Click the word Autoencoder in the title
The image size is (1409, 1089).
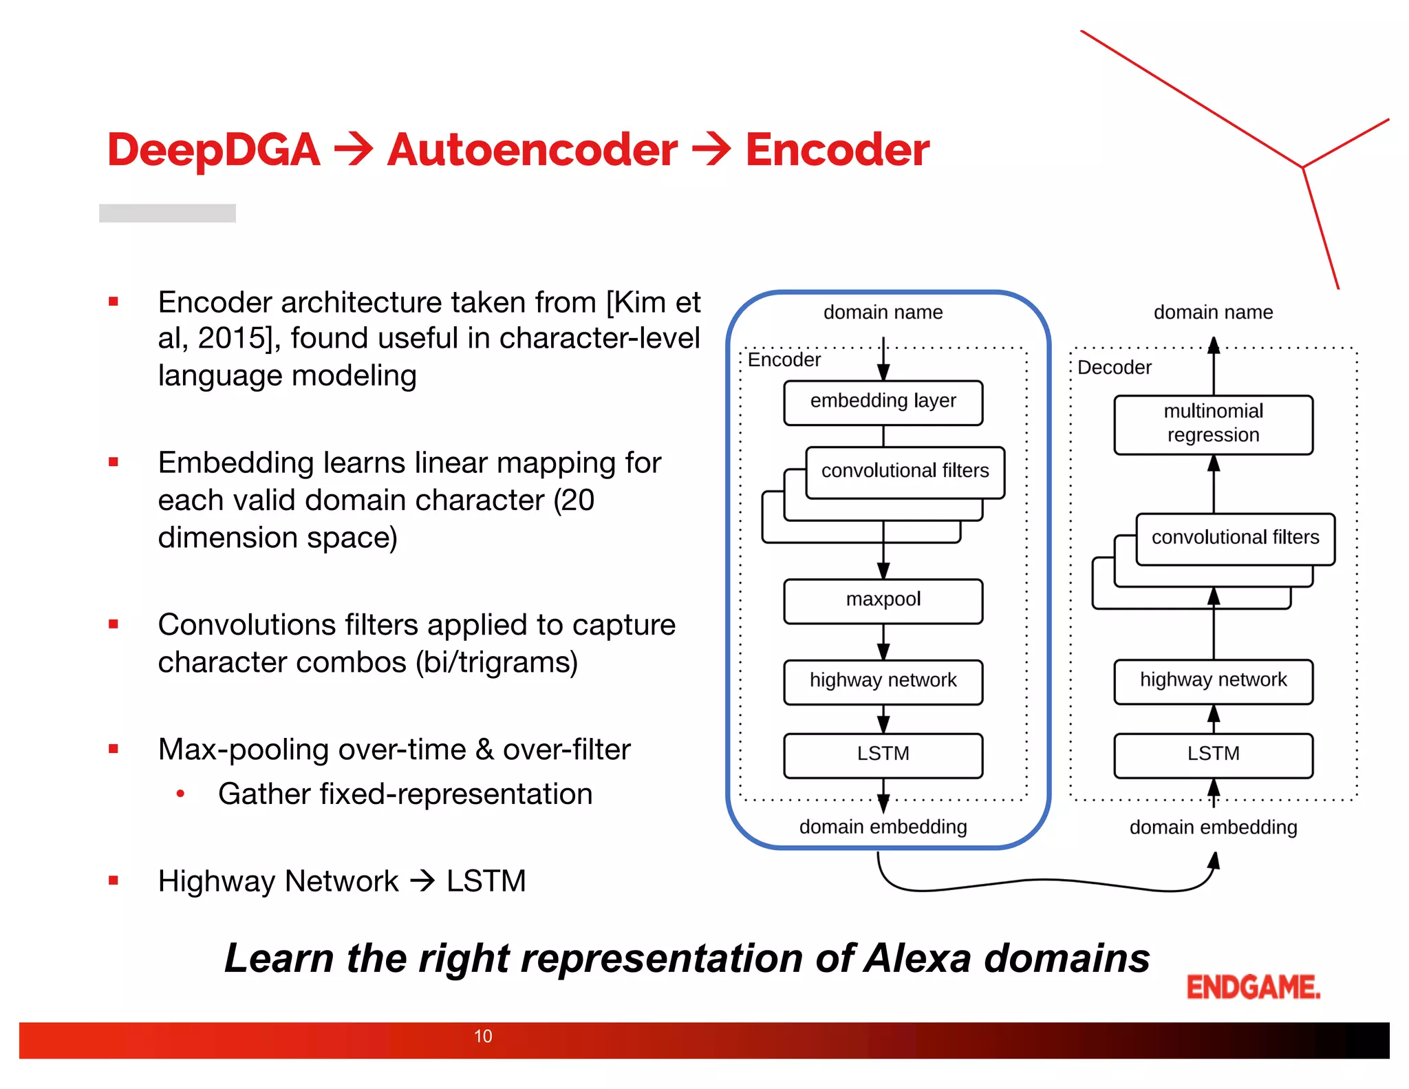532,150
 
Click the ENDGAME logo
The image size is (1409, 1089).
1253,987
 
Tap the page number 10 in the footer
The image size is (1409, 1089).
483,1036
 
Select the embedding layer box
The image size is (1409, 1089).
883,402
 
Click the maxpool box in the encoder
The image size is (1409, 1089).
883,600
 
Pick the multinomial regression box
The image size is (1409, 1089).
1213,424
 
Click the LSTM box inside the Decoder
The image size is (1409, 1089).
1213,754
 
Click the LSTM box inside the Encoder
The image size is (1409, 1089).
883,754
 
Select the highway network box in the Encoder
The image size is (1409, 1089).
883,681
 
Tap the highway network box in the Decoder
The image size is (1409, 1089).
1213,681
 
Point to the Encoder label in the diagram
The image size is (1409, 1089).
784,360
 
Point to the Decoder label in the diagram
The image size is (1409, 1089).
1114,368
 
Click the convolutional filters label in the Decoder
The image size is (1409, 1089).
1235,538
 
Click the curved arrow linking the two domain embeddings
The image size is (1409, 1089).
1046,881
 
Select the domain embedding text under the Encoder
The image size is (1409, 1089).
883,827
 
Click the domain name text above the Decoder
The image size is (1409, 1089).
1213,313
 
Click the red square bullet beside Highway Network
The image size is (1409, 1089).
114,880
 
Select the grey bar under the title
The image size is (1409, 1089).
167,213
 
